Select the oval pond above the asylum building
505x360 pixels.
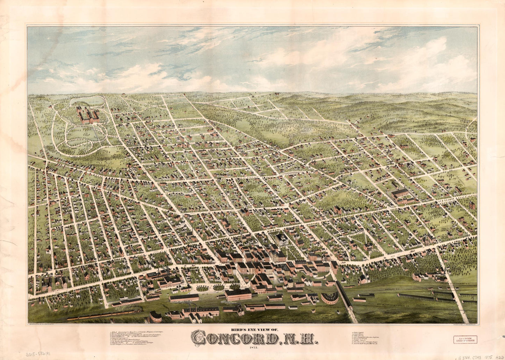point(87,102)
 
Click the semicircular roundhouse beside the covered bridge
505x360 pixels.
point(329,298)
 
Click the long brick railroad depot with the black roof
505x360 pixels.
point(238,294)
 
